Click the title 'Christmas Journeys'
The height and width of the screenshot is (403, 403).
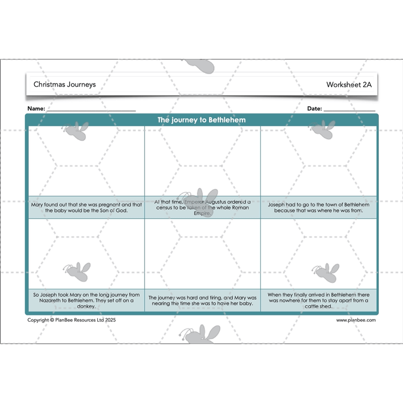(x=64, y=85)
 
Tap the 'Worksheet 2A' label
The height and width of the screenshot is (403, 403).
(x=349, y=85)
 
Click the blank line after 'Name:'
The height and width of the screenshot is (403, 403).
(x=92, y=109)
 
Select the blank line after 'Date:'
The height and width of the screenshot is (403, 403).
(x=349, y=109)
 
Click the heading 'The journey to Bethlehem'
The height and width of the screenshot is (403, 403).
(x=201, y=120)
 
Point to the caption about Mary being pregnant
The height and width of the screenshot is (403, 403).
(x=87, y=208)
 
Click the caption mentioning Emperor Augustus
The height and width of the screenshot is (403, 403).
(x=203, y=207)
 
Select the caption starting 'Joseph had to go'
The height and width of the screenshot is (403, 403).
(x=318, y=208)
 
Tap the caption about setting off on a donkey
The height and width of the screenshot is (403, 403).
(x=87, y=300)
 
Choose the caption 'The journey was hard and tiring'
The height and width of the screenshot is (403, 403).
(x=203, y=301)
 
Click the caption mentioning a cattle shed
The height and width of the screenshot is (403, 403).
(x=318, y=300)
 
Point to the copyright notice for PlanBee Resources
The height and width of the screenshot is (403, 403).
(x=68, y=320)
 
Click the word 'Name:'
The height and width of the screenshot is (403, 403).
(x=36, y=109)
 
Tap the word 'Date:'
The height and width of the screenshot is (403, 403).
(x=314, y=109)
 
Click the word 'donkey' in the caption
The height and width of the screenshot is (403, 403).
(x=87, y=306)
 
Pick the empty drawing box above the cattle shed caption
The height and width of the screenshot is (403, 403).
(x=318, y=254)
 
